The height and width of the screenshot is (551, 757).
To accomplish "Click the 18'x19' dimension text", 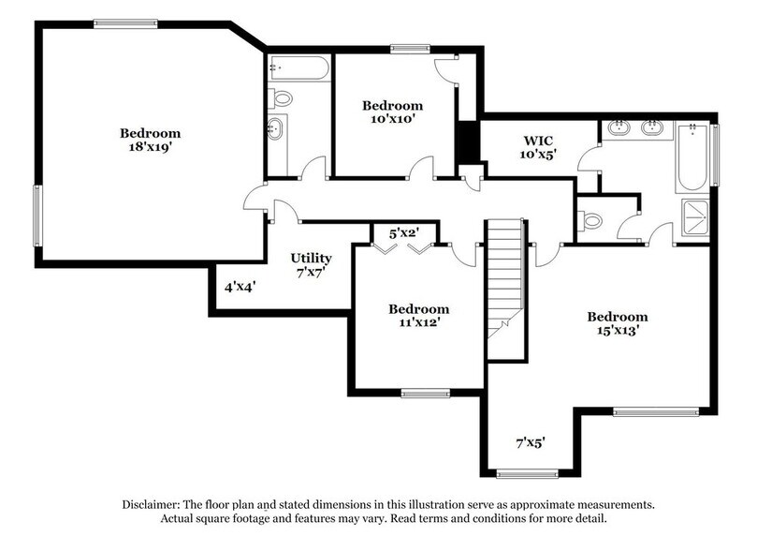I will point(150,148).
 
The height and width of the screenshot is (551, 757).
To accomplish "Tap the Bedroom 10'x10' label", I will point(392,112).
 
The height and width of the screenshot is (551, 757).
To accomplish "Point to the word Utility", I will point(311,258).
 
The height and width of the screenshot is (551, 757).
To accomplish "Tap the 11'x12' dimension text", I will point(418,323).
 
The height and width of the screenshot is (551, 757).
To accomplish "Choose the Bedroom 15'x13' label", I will point(618,323).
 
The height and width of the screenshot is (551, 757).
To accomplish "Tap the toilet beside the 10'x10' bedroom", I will point(281,97).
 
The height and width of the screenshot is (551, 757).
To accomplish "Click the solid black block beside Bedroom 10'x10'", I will point(467,142).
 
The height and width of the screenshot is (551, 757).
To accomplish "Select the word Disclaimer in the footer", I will point(154,504).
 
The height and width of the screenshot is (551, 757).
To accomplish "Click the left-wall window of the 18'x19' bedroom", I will point(38,221).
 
